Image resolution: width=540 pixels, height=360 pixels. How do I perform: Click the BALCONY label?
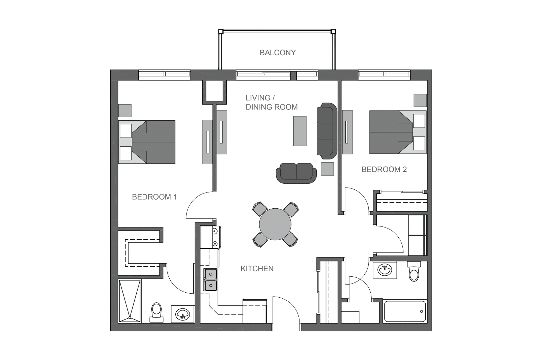click(x=278, y=53)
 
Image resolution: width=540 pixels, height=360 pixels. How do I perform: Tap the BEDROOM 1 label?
click(x=154, y=197)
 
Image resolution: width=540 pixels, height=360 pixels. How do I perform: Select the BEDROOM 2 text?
click(x=384, y=170)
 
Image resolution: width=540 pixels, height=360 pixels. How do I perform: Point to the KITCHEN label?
click(x=257, y=268)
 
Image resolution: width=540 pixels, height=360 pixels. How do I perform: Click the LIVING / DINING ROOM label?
click(x=272, y=102)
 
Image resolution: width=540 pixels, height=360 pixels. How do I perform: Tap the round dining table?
click(x=275, y=224)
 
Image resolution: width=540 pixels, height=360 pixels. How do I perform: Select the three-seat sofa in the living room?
click(x=327, y=131)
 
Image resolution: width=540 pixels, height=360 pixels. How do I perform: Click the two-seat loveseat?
click(x=296, y=173)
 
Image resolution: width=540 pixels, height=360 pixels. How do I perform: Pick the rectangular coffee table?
click(x=300, y=131)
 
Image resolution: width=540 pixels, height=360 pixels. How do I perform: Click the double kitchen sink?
click(x=210, y=280)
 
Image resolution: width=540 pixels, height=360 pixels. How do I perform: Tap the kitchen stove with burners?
click(x=210, y=237)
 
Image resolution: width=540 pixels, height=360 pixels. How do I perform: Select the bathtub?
click(x=405, y=311)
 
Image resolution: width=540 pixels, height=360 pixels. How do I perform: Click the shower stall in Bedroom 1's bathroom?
click(x=130, y=301)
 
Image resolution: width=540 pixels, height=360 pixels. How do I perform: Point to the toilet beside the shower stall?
click(x=157, y=313)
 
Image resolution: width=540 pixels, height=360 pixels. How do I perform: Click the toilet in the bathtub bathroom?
click(x=414, y=271)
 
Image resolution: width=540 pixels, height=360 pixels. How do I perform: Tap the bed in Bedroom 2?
click(x=398, y=132)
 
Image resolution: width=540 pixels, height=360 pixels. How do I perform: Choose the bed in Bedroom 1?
click(x=147, y=142)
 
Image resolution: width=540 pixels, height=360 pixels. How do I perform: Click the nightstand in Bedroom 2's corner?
click(x=420, y=100)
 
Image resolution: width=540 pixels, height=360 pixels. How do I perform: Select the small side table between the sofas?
click(x=328, y=169)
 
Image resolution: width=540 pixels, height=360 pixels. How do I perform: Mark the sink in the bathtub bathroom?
click(x=385, y=270)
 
